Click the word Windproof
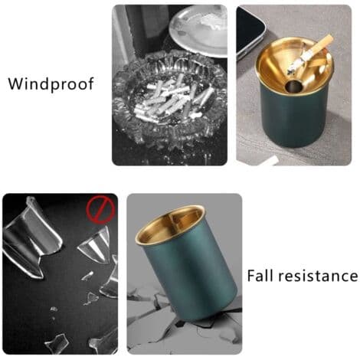tap(51, 84)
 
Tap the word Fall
tap(261, 276)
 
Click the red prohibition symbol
tap(100, 209)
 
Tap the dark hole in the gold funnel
tap(293, 86)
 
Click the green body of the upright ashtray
tap(293, 117)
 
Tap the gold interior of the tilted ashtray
tap(170, 224)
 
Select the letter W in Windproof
tap(17, 84)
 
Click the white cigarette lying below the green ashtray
tap(270, 161)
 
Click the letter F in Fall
tap(251, 276)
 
